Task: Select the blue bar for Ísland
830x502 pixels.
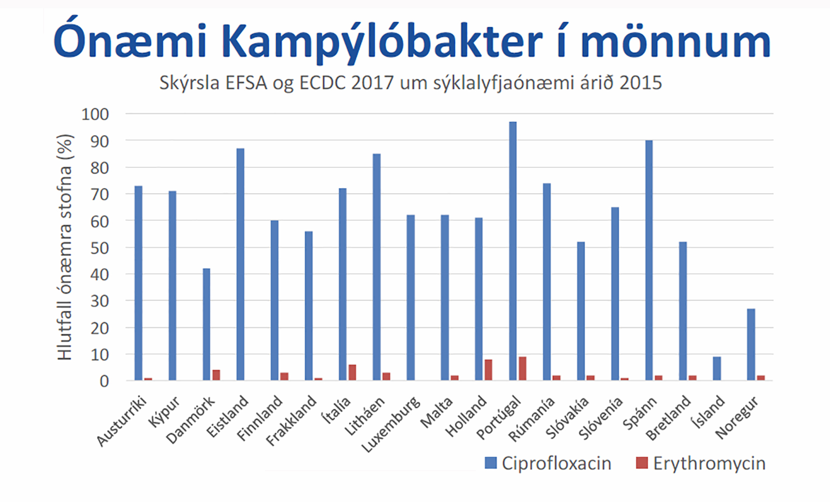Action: click(717, 369)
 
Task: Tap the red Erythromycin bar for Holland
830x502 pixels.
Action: click(488, 370)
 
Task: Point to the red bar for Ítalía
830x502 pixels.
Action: click(352, 372)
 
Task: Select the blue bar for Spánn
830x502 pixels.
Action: click(649, 260)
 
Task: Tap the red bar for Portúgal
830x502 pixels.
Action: click(522, 369)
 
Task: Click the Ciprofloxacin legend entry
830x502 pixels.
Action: click(548, 464)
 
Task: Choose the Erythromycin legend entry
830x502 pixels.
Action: click(701, 464)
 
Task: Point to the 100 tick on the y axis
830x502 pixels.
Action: click(95, 114)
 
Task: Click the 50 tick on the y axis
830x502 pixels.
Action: click(99, 248)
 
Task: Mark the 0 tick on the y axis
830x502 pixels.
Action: click(104, 381)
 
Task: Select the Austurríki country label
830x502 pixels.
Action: click(122, 421)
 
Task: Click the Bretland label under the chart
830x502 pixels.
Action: click(668, 418)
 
